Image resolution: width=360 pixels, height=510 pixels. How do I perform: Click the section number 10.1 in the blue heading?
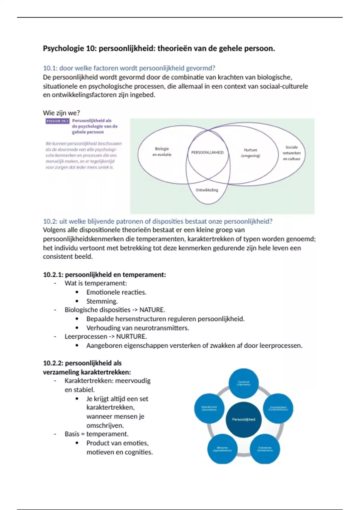(x=49, y=68)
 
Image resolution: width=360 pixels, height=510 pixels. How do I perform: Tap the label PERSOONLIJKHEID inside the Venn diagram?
(x=207, y=152)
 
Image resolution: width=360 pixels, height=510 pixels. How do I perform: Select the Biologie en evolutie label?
(x=162, y=151)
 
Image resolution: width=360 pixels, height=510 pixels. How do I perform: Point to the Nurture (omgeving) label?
(x=250, y=153)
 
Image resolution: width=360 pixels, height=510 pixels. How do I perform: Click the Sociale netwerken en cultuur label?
(x=291, y=153)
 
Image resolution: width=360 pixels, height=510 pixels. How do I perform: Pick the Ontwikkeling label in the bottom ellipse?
(x=207, y=190)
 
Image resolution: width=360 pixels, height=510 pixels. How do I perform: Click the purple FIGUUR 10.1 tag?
(x=58, y=121)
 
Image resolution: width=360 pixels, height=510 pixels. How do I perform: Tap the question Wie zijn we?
(x=61, y=113)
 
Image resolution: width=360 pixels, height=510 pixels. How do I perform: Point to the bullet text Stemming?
(x=102, y=301)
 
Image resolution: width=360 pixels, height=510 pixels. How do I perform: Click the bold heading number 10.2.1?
(x=53, y=274)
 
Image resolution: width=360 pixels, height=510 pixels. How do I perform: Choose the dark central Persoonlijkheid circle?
(x=244, y=419)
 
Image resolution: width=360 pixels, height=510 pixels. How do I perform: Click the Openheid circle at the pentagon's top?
(x=244, y=383)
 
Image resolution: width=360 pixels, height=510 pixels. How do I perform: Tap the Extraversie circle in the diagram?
(x=265, y=449)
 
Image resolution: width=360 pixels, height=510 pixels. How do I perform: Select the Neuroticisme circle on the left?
(x=209, y=408)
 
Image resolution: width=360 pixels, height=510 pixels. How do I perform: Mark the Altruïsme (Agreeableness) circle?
(x=222, y=449)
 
